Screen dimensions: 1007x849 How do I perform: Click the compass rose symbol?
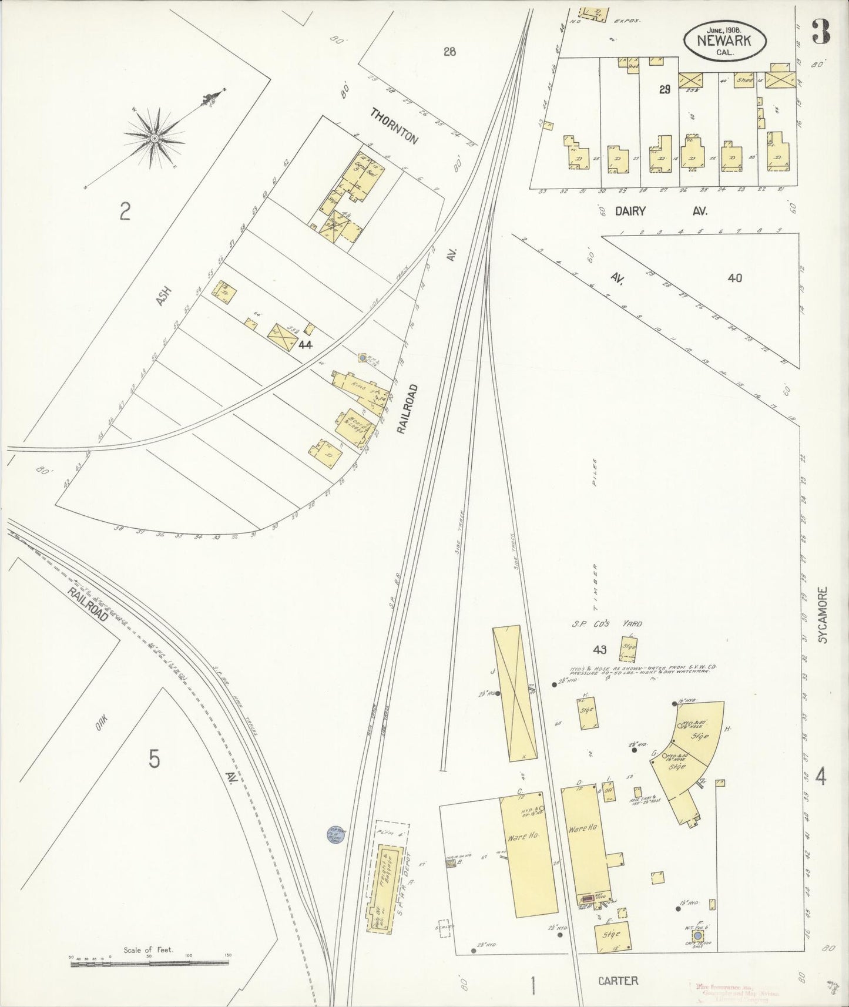pyautogui.click(x=155, y=137)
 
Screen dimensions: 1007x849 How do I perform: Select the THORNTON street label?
pyautogui.click(x=394, y=126)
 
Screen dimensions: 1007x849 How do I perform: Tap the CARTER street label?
pyautogui.click(x=618, y=980)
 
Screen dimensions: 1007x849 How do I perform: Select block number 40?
pyautogui.click(x=734, y=278)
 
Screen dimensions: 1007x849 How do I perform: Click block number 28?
pyautogui.click(x=449, y=52)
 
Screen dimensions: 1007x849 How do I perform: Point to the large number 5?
pyautogui.click(x=153, y=759)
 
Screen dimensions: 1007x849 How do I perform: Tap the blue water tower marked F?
pyautogui.click(x=698, y=935)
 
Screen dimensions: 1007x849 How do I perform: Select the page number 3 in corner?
pyautogui.click(x=820, y=31)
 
